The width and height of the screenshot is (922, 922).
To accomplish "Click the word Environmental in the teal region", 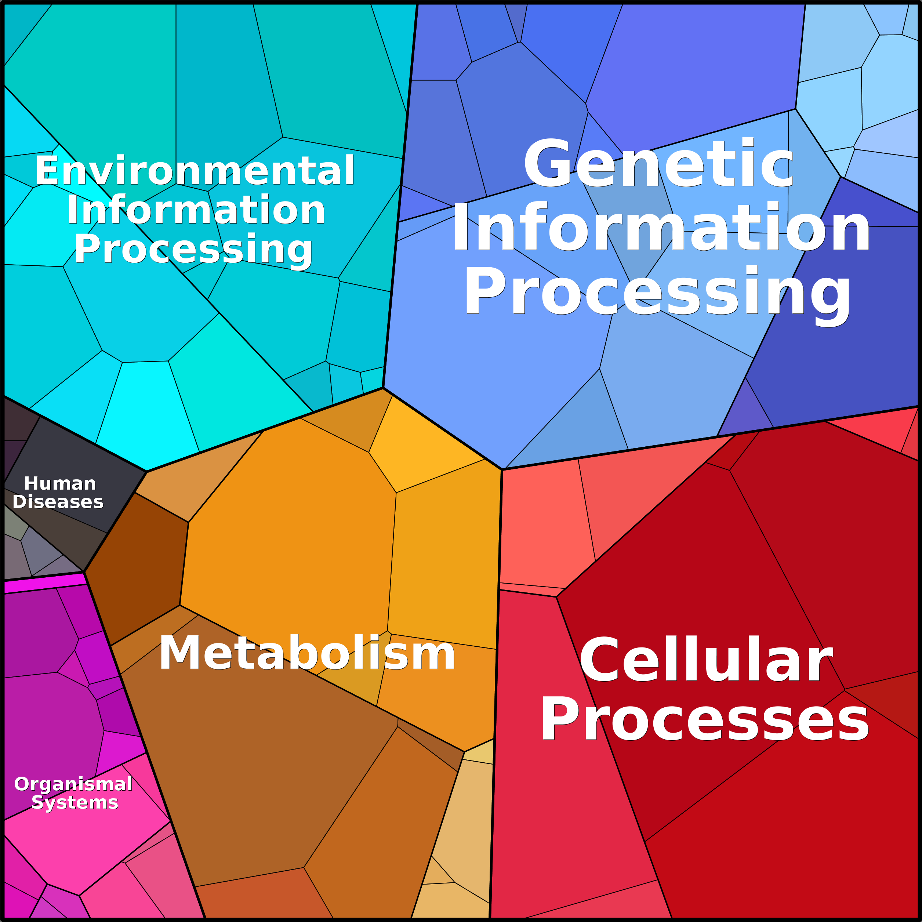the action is (x=195, y=170).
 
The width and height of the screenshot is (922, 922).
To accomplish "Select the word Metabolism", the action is (x=307, y=653).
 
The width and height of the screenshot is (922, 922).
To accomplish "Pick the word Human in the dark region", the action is (x=60, y=483).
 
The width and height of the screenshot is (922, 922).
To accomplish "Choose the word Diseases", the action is (x=58, y=502).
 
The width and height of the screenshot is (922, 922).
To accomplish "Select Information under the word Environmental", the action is (x=196, y=210).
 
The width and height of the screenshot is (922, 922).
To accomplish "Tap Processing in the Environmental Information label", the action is (x=193, y=250).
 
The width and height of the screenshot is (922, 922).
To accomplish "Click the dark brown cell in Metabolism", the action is (x=138, y=567).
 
